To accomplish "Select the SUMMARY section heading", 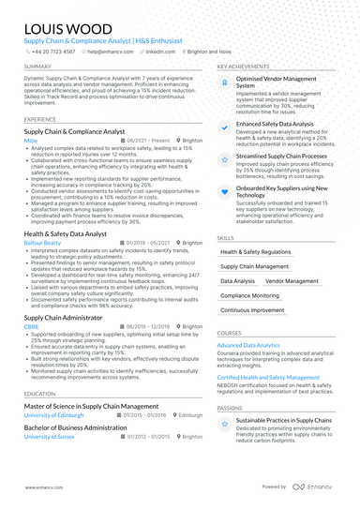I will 38,67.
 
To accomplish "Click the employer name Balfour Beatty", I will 42,242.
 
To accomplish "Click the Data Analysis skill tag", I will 237,280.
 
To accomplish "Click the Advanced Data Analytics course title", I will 248,345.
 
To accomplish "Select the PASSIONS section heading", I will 230,408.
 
